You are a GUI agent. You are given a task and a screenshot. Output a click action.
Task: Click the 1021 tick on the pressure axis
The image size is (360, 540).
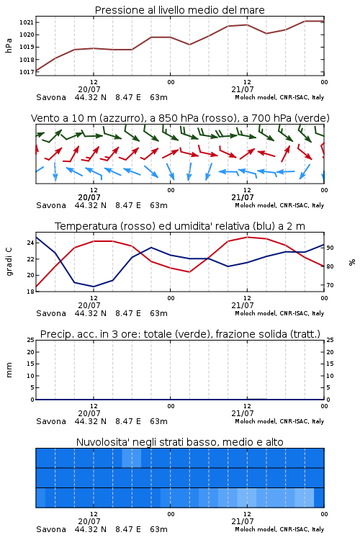pyautogui.click(x=27, y=22)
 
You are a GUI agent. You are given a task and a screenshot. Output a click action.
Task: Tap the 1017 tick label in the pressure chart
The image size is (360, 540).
pyautogui.click(x=27, y=72)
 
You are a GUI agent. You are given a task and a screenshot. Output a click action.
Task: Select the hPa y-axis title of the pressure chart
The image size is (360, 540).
pyautogui.click(x=9, y=45)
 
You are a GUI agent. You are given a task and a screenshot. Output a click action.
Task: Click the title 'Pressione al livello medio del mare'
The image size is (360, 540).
pyautogui.click(x=180, y=10)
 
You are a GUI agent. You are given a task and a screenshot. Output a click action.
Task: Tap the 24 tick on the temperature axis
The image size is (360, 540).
pyautogui.click(x=31, y=243)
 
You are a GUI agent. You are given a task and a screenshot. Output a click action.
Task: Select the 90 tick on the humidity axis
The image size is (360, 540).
pyautogui.click(x=330, y=248)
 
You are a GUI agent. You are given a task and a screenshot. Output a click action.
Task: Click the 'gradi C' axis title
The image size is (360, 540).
pyautogui.click(x=9, y=262)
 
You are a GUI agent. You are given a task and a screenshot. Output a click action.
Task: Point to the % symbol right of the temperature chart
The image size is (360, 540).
pyautogui.click(x=352, y=262)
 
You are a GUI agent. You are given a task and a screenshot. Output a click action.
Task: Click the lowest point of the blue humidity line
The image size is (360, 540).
pyautogui.click(x=94, y=287)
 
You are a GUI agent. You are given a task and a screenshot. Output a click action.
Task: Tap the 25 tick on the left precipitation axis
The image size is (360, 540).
pyautogui.click(x=31, y=340)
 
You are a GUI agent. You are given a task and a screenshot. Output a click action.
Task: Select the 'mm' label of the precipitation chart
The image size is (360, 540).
pyautogui.click(x=9, y=370)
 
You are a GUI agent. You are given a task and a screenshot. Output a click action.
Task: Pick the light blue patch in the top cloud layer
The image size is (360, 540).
pyautogui.click(x=132, y=458)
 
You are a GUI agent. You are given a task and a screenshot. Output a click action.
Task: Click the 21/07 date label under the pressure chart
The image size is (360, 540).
pyautogui.click(x=243, y=89)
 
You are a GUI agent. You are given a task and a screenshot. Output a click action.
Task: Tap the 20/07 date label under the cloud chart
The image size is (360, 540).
pyautogui.click(x=89, y=521)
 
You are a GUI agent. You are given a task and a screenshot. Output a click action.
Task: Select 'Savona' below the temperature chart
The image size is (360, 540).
pyautogui.click(x=51, y=313)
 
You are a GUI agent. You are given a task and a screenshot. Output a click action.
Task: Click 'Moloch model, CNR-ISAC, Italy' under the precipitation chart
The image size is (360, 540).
pyautogui.click(x=279, y=421)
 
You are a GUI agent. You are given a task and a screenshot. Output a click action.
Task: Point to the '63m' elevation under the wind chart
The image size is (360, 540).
pyautogui.click(x=159, y=206)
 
